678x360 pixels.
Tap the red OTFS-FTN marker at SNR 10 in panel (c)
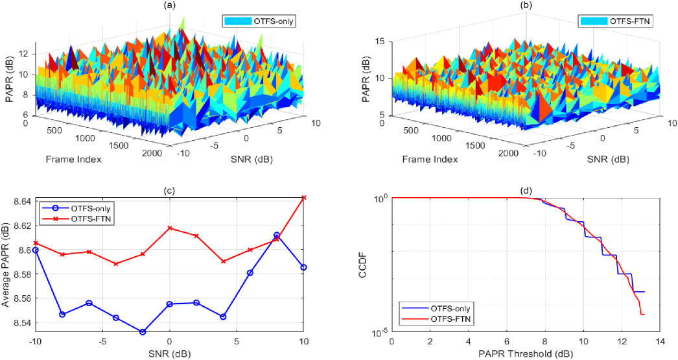(x=304, y=197)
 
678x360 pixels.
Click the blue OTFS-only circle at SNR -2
(x=143, y=332)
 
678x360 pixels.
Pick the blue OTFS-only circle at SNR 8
(x=277, y=235)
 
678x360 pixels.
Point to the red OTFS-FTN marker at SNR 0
(x=170, y=228)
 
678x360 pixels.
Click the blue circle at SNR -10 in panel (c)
(x=36, y=250)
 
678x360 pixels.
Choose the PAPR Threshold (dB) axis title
(x=526, y=354)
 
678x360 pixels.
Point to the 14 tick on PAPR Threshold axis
(x=660, y=341)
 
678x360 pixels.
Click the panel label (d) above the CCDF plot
(x=526, y=191)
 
